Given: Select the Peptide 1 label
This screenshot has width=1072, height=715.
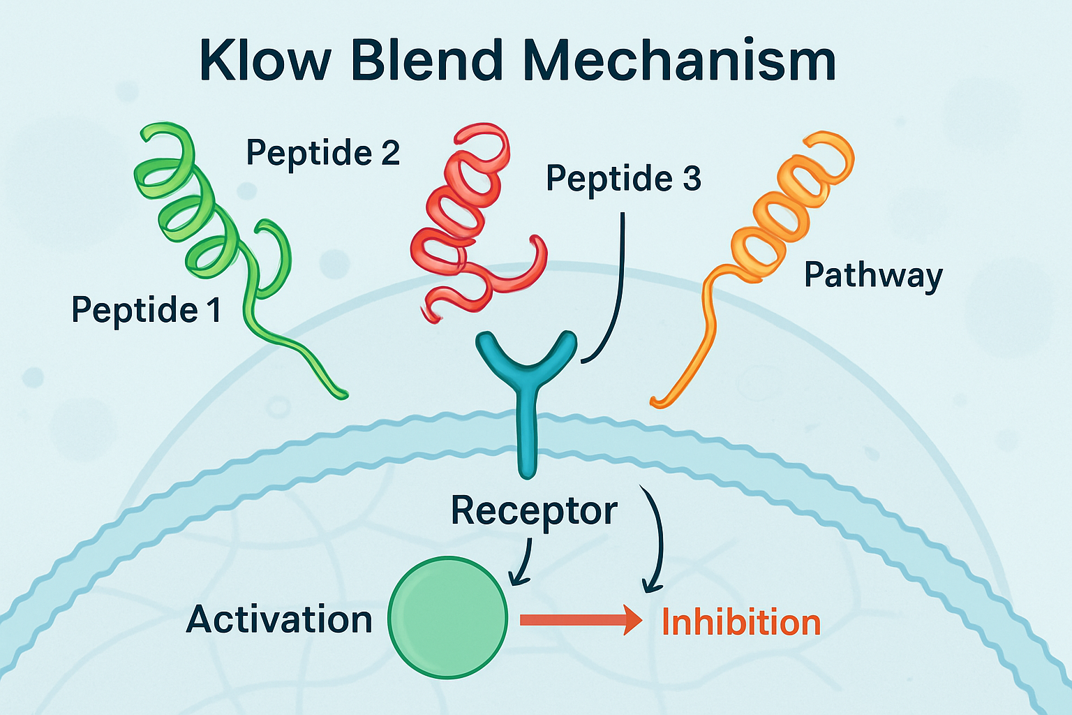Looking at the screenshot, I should tap(147, 310).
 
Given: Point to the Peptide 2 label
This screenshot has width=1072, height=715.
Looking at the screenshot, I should tap(323, 153).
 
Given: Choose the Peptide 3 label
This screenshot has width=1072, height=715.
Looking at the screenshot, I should tap(623, 179).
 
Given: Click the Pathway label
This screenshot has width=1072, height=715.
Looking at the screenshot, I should tap(872, 275).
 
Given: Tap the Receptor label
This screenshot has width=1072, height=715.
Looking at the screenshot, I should tap(534, 511).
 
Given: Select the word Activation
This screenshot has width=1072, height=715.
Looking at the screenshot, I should tap(279, 620).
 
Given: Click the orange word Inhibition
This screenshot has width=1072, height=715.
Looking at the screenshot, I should tap(740, 622).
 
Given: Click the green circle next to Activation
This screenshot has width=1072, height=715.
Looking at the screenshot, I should tap(447, 617).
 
